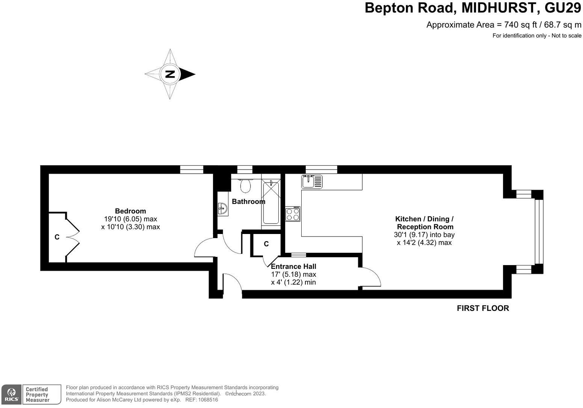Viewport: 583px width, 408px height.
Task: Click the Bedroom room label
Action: pyautogui.click(x=130, y=211)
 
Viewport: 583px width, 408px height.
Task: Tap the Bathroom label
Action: pyautogui.click(x=248, y=202)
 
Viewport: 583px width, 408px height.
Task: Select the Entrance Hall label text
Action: pyautogui.click(x=293, y=267)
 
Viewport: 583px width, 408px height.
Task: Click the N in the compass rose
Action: pyautogui.click(x=170, y=74)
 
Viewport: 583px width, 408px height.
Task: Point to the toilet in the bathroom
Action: pyautogui.click(x=246, y=185)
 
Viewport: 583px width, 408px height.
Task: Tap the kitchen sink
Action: pyautogui.click(x=312, y=181)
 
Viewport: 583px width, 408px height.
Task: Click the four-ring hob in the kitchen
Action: pyautogui.click(x=293, y=214)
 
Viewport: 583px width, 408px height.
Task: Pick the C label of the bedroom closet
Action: pyautogui.click(x=57, y=237)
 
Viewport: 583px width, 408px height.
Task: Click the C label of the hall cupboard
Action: pyautogui.click(x=266, y=244)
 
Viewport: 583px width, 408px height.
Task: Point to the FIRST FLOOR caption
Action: pyautogui.click(x=482, y=308)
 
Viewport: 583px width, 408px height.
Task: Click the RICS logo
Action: pyautogui.click(x=11, y=394)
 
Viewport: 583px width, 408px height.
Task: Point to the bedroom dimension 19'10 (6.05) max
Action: pyautogui.click(x=130, y=219)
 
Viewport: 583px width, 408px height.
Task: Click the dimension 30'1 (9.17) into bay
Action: pyautogui.click(x=424, y=235)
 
